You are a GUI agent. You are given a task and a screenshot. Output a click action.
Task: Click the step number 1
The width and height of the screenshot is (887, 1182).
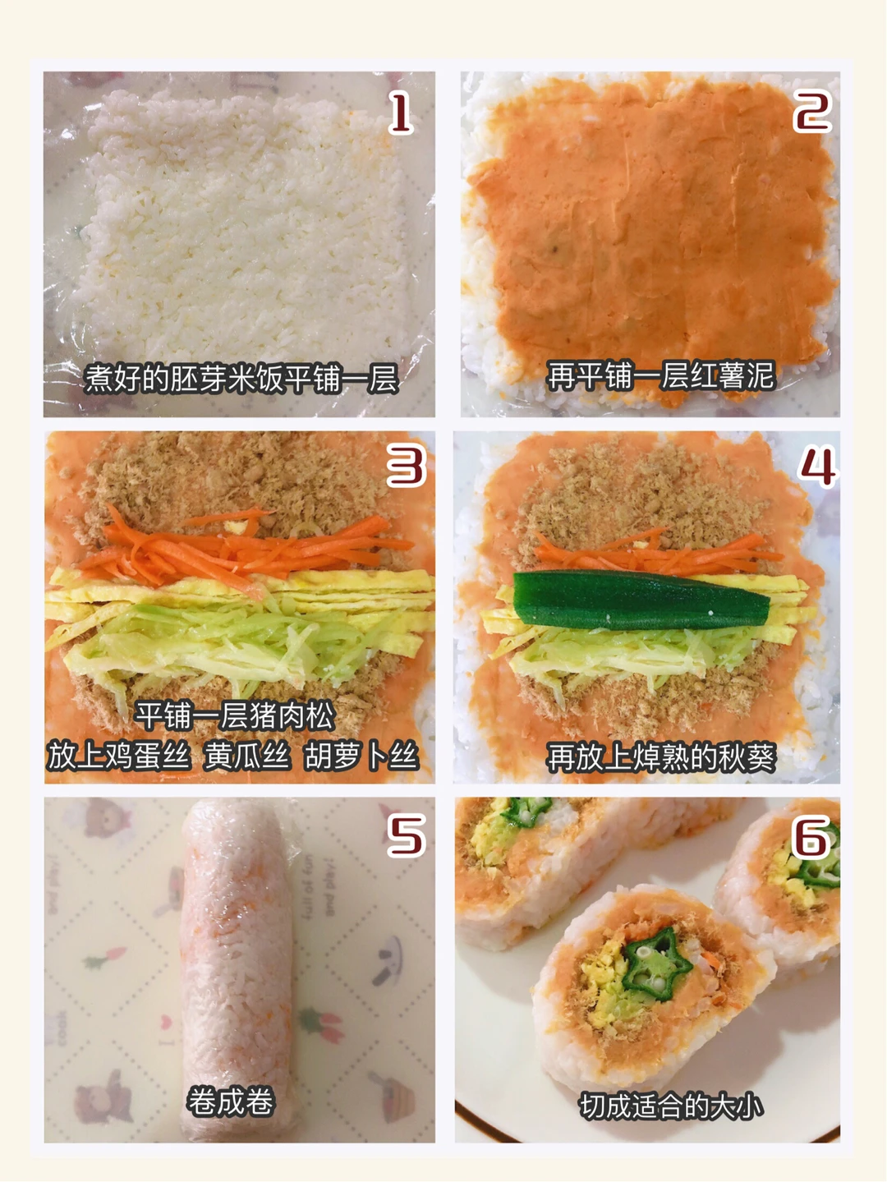coord(401,113)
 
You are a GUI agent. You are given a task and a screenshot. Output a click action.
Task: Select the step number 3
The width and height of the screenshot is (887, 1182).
coord(407,466)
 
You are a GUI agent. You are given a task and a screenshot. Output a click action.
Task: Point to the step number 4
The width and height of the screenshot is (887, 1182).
coord(818,467)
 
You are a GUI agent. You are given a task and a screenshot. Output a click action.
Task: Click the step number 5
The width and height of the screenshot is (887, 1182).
coord(407,835)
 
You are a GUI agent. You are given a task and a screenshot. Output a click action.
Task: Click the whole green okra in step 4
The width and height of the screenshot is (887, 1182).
coord(641,600)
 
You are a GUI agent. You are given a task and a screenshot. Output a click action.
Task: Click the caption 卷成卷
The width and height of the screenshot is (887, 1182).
coord(231,1101)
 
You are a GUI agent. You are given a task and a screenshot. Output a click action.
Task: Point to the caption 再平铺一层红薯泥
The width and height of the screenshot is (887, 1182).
coord(661,375)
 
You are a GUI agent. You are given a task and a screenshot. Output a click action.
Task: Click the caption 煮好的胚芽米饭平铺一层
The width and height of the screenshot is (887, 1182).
coord(241,379)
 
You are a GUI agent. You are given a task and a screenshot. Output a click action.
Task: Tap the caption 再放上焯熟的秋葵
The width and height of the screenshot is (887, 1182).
coord(661,757)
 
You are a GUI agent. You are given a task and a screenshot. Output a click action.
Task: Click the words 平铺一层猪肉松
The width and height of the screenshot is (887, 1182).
coord(235,715)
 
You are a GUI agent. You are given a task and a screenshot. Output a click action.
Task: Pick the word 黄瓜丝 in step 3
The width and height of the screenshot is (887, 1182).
coord(247,756)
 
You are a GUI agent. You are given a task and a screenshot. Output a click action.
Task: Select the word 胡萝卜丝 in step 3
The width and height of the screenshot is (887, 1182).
coord(361,756)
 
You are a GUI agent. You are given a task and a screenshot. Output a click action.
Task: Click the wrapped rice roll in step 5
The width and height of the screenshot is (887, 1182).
coord(237,969)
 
